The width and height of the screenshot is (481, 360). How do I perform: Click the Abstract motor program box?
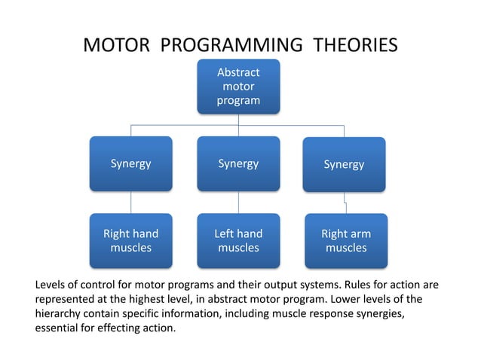click(238, 87)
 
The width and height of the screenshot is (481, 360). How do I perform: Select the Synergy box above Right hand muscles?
click(130, 163)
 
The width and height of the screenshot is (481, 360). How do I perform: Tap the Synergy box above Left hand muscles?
click(238, 163)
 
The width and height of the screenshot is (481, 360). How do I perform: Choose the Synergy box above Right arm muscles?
click(344, 164)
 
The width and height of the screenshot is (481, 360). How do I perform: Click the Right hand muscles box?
click(130, 241)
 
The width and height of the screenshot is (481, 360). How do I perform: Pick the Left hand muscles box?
click(238, 241)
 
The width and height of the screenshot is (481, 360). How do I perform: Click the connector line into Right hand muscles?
click(131, 202)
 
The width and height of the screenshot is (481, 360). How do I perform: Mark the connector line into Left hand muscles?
click(239, 202)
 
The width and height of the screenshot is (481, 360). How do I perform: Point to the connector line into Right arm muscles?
click(345, 203)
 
